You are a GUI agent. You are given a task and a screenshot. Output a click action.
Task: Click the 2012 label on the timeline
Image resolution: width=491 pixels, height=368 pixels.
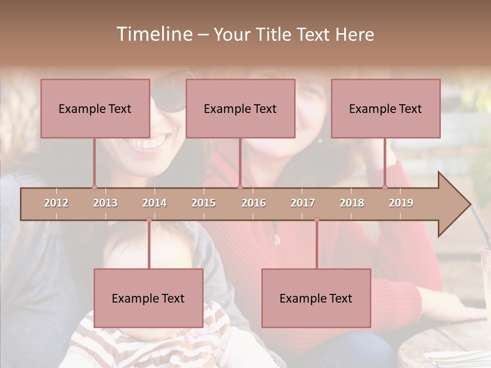pos(56,203)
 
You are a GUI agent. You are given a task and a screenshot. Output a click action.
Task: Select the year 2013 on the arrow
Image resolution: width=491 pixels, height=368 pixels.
pos(105,203)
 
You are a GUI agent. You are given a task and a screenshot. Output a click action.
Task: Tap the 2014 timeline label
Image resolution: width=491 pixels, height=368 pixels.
pos(154,203)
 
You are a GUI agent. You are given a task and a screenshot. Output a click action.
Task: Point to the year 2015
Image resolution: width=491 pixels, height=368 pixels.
pos(204,203)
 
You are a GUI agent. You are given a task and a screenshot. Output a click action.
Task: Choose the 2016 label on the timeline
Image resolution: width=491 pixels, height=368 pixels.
pos(254,203)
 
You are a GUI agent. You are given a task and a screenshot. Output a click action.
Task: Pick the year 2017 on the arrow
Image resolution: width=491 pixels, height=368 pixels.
pos(303,203)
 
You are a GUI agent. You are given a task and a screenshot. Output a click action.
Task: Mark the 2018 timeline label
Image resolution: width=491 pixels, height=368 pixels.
pos(352,203)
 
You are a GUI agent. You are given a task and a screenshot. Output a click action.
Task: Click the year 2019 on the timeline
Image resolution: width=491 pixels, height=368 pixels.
pos(401,203)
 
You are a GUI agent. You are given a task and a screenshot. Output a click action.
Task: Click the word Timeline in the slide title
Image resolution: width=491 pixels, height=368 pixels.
pos(153,34)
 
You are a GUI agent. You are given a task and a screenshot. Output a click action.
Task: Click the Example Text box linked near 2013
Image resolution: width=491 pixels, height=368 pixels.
pos(95,108)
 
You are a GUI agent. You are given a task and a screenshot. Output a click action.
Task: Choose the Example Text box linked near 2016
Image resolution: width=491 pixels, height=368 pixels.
pos(240,108)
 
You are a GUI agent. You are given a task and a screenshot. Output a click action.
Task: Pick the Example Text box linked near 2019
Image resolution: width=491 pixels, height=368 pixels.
pos(386,108)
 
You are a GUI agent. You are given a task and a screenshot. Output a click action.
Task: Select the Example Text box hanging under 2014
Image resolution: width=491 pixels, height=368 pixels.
pos(148,298)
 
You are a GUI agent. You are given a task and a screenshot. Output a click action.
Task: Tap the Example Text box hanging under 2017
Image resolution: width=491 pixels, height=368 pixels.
pos(316,298)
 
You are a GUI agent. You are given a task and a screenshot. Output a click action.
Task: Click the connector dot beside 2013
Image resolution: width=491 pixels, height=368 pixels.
pos(94,187)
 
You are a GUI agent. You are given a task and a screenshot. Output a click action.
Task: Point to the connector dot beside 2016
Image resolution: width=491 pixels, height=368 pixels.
pos(240,187)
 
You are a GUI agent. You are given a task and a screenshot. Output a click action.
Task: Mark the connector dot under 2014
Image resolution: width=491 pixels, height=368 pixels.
pos(149,220)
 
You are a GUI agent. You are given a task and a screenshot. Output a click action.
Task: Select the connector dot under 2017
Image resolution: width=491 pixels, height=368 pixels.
pos(317,220)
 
